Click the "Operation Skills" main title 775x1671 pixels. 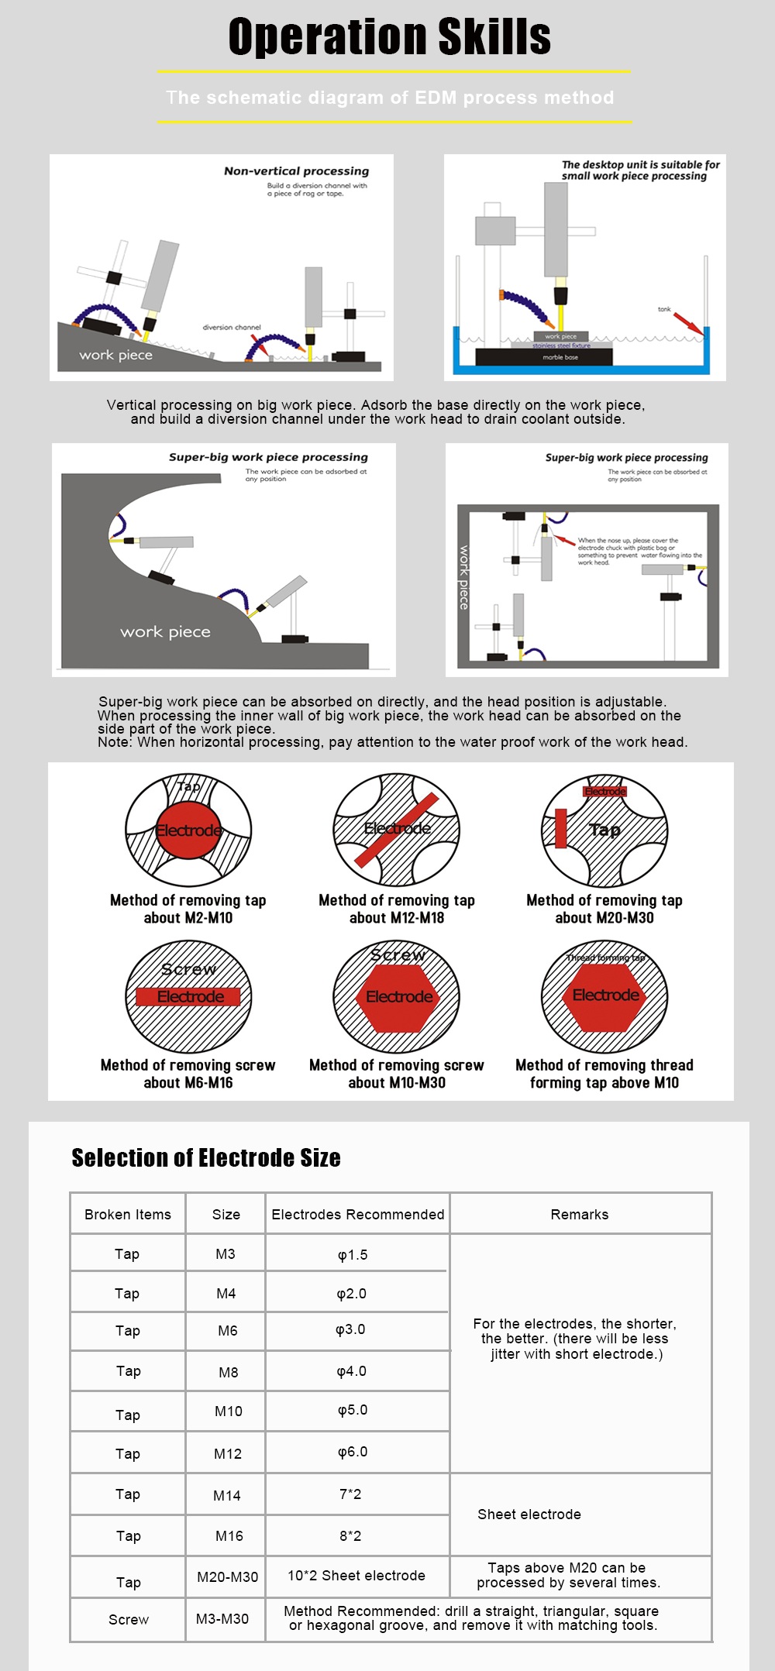[389, 37]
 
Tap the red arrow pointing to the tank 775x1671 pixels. [687, 323]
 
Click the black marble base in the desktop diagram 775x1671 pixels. [543, 357]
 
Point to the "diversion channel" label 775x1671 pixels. [232, 327]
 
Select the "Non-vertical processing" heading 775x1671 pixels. [296, 171]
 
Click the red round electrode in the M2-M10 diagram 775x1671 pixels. [188, 830]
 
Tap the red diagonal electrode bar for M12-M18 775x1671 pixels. [397, 830]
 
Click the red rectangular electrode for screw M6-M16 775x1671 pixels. [188, 997]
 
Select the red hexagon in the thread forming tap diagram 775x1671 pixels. [605, 995]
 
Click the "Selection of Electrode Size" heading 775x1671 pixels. [206, 1157]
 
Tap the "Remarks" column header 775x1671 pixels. [580, 1214]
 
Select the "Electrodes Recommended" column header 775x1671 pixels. [357, 1214]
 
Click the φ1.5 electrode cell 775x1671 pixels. [353, 1254]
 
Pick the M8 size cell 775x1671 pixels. [229, 1372]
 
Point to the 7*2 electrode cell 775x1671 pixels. [350, 1494]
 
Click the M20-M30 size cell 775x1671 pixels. [227, 1576]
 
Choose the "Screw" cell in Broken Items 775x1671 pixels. [129, 1619]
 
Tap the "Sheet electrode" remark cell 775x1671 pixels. [529, 1514]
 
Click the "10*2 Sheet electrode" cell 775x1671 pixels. [356, 1575]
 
